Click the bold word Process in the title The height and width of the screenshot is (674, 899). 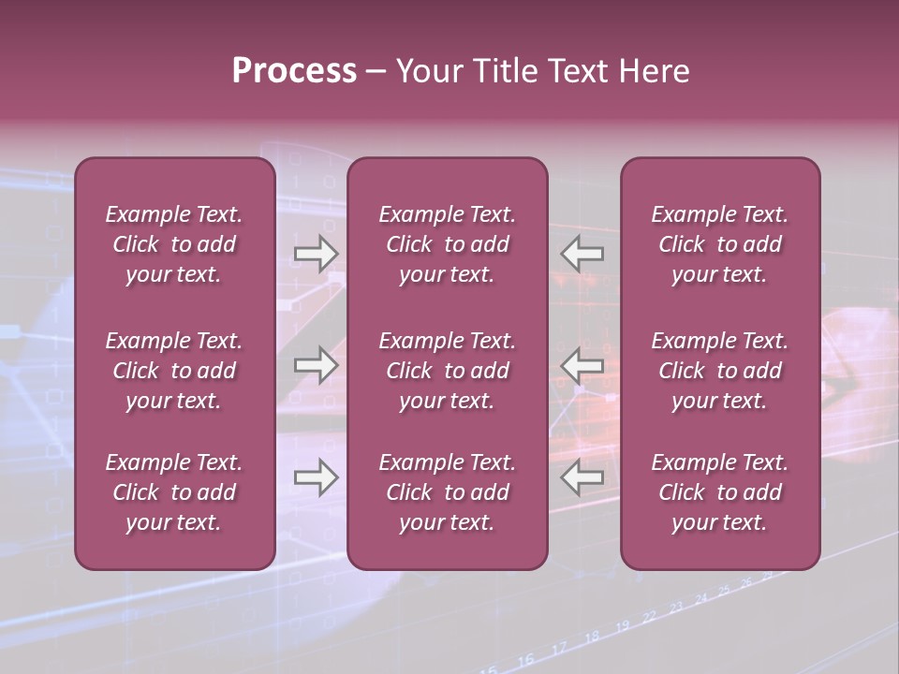(x=294, y=71)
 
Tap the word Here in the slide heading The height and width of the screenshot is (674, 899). (x=653, y=71)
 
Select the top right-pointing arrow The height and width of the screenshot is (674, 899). (x=316, y=254)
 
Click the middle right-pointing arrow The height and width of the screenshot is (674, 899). (x=316, y=365)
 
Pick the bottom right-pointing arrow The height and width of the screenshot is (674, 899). (x=316, y=477)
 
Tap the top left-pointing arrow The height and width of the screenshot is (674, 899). (x=582, y=254)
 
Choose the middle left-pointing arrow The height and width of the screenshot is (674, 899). (x=582, y=365)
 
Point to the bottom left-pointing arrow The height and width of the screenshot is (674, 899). (x=582, y=477)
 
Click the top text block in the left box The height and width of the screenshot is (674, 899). (x=174, y=244)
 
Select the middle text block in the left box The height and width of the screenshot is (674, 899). (x=174, y=371)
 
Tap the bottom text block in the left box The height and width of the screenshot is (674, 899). (x=174, y=492)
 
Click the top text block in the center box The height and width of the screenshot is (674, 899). (x=447, y=244)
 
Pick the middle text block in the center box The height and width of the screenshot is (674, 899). (x=447, y=371)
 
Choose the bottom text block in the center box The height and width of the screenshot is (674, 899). (x=447, y=492)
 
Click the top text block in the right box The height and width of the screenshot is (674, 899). (x=719, y=244)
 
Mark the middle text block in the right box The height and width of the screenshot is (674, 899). (x=719, y=371)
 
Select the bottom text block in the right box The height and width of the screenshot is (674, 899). (x=719, y=492)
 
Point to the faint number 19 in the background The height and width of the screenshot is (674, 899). (x=622, y=625)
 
